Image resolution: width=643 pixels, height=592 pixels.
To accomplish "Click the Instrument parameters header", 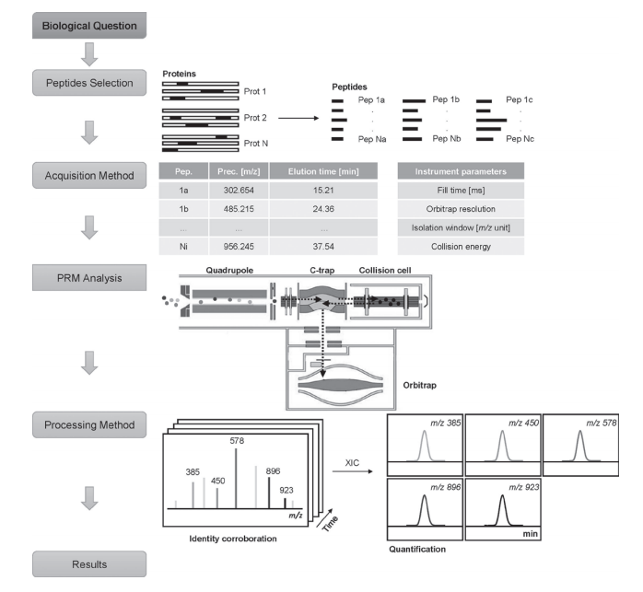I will coord(461,170).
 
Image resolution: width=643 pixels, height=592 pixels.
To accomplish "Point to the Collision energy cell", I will coord(461,246).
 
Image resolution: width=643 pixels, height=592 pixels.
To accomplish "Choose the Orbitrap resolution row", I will coord(461,209).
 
